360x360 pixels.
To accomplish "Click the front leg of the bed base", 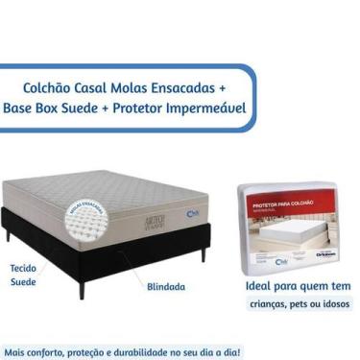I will point(83,285).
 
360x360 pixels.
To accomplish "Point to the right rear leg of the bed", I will point(204,252).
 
